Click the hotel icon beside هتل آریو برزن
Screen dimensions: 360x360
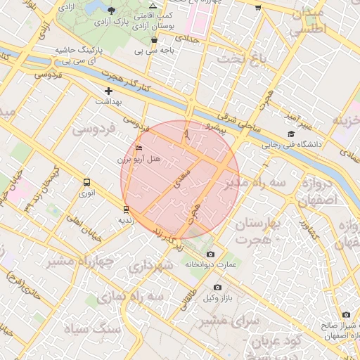pos(139,148)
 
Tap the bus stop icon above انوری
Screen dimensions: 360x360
pos(86,182)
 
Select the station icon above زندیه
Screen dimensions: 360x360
pos(126,209)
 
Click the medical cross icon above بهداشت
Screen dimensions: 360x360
pos(108,91)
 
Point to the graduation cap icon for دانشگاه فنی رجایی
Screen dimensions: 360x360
pos(290,134)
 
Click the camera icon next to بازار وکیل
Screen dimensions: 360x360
pos(217,287)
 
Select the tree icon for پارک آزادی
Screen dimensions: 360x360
pos(112,10)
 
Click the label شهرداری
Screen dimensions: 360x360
pos(150,266)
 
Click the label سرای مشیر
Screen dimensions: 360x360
pos(229,321)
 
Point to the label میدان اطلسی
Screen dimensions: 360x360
pos(307,22)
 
